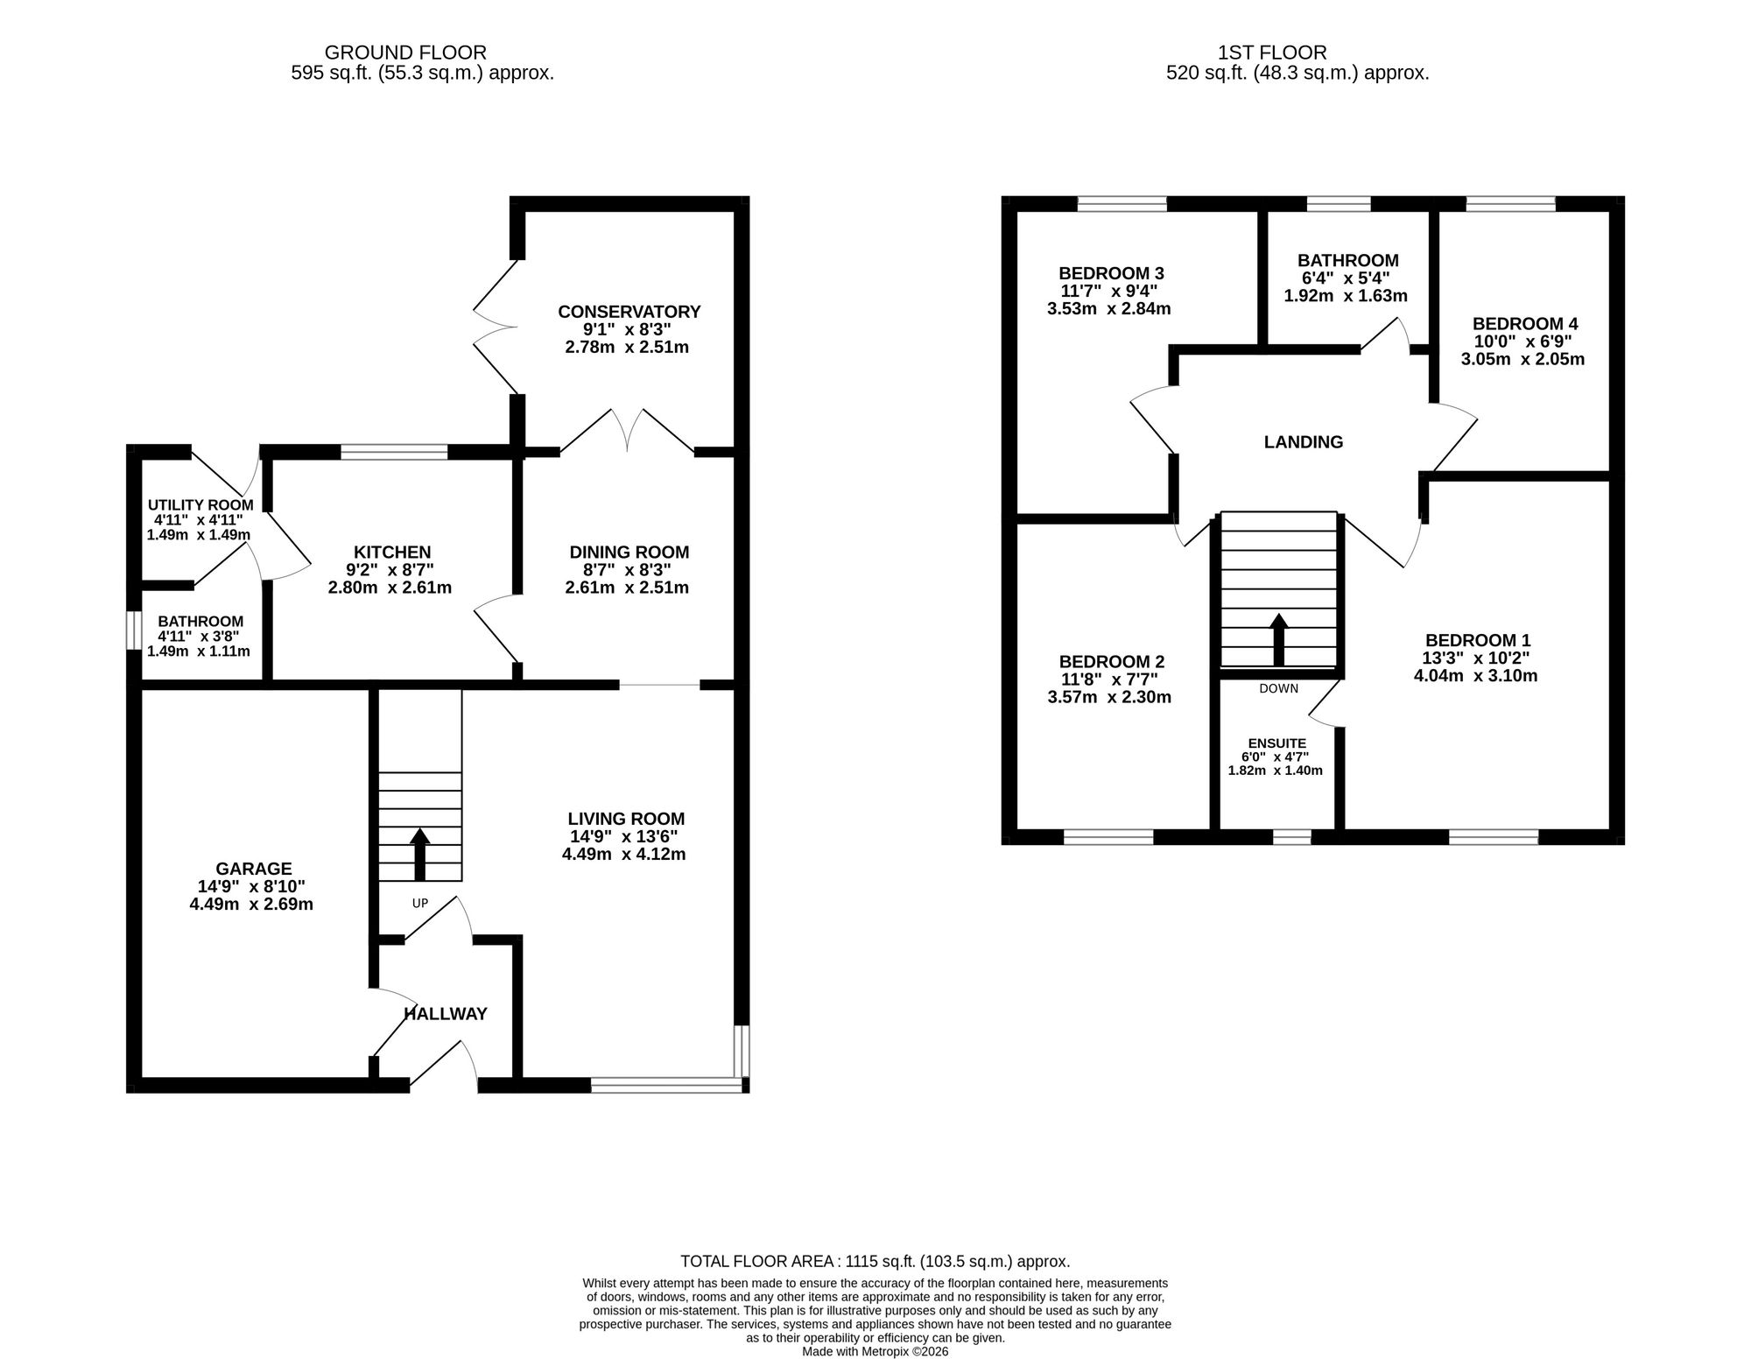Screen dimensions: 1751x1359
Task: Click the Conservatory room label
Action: point(629,312)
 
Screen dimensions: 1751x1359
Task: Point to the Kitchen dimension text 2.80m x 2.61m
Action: point(390,588)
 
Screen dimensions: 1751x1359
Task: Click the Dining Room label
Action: point(629,553)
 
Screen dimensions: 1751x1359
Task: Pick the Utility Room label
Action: point(200,505)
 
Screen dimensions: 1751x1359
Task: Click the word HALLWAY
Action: point(446,1014)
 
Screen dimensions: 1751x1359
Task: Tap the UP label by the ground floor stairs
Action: point(420,903)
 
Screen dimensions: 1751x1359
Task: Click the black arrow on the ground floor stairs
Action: point(420,854)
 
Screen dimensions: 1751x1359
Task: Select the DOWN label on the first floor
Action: point(1279,688)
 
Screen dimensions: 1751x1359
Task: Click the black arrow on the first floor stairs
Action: point(1279,640)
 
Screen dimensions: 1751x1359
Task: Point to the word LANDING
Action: point(1304,442)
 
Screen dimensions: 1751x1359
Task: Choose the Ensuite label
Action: point(1277,743)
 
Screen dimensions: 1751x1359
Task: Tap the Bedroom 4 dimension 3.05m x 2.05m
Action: point(1522,359)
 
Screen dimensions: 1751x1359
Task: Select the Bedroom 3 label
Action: point(1111,273)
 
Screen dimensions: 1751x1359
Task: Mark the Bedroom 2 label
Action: point(1111,662)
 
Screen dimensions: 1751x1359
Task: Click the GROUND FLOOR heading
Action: point(405,53)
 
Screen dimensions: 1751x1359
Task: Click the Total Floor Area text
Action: point(875,1262)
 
